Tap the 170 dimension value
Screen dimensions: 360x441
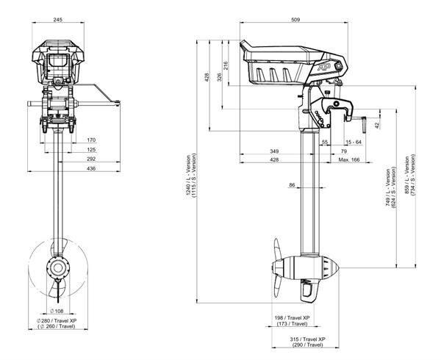pyautogui.click(x=90, y=140)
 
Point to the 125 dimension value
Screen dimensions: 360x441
pyautogui.click(x=90, y=150)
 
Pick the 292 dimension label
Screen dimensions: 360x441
pyautogui.click(x=90, y=159)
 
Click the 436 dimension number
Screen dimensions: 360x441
pyautogui.click(x=90, y=170)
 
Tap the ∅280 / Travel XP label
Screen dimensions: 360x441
pyautogui.click(x=60, y=323)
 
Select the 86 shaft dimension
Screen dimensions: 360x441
pyautogui.click(x=292, y=186)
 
